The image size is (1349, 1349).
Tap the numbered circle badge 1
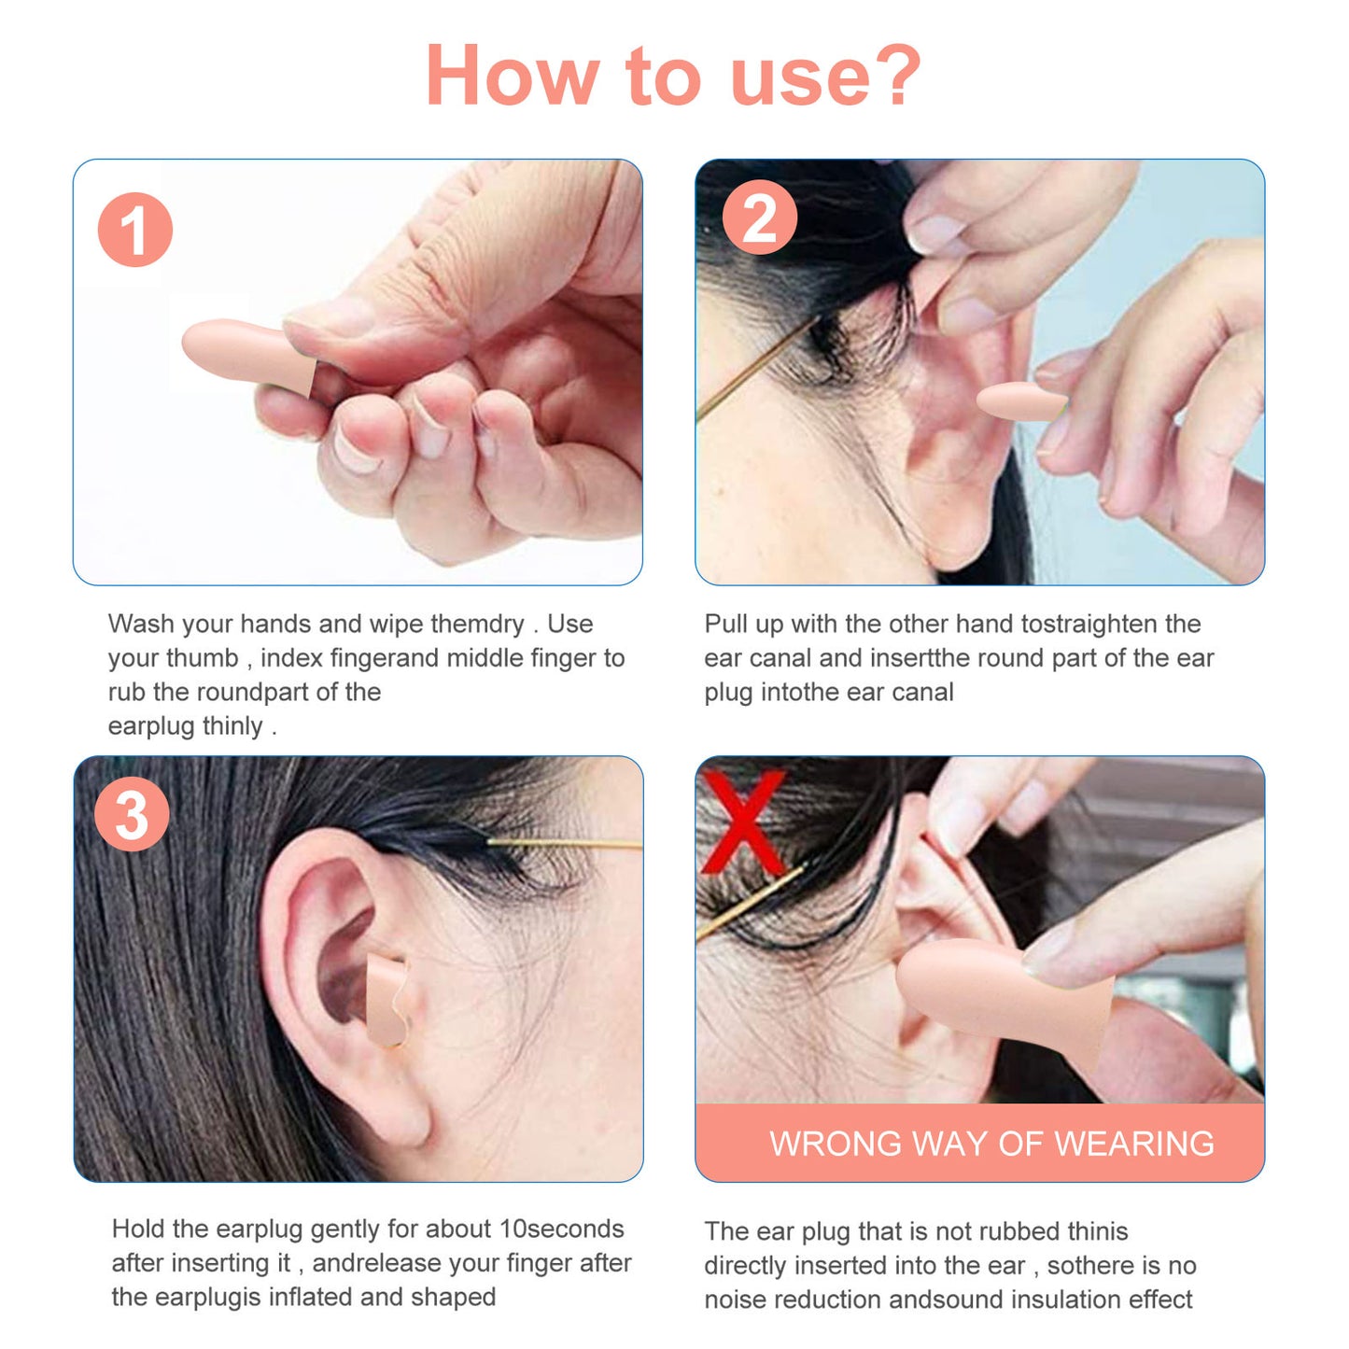pos(135,230)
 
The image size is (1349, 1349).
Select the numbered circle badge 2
pos(759,217)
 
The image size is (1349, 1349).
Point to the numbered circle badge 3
pos(132,814)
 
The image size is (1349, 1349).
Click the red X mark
pos(743,822)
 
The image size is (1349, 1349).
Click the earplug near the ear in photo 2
pos(1020,401)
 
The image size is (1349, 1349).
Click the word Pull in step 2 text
pos(725,623)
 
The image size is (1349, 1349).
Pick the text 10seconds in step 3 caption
pos(561,1229)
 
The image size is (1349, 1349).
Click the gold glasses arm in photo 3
pos(564,844)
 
